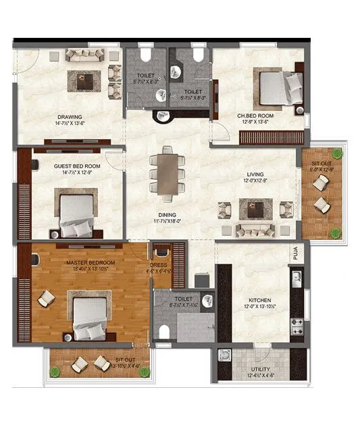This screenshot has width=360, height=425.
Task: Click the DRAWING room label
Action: [70, 116]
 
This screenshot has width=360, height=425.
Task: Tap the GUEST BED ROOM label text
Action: [77, 166]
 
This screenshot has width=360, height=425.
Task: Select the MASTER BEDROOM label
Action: [90, 262]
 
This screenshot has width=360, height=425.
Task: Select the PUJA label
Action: [296, 253]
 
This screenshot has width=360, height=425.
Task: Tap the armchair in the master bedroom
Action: [47, 298]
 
